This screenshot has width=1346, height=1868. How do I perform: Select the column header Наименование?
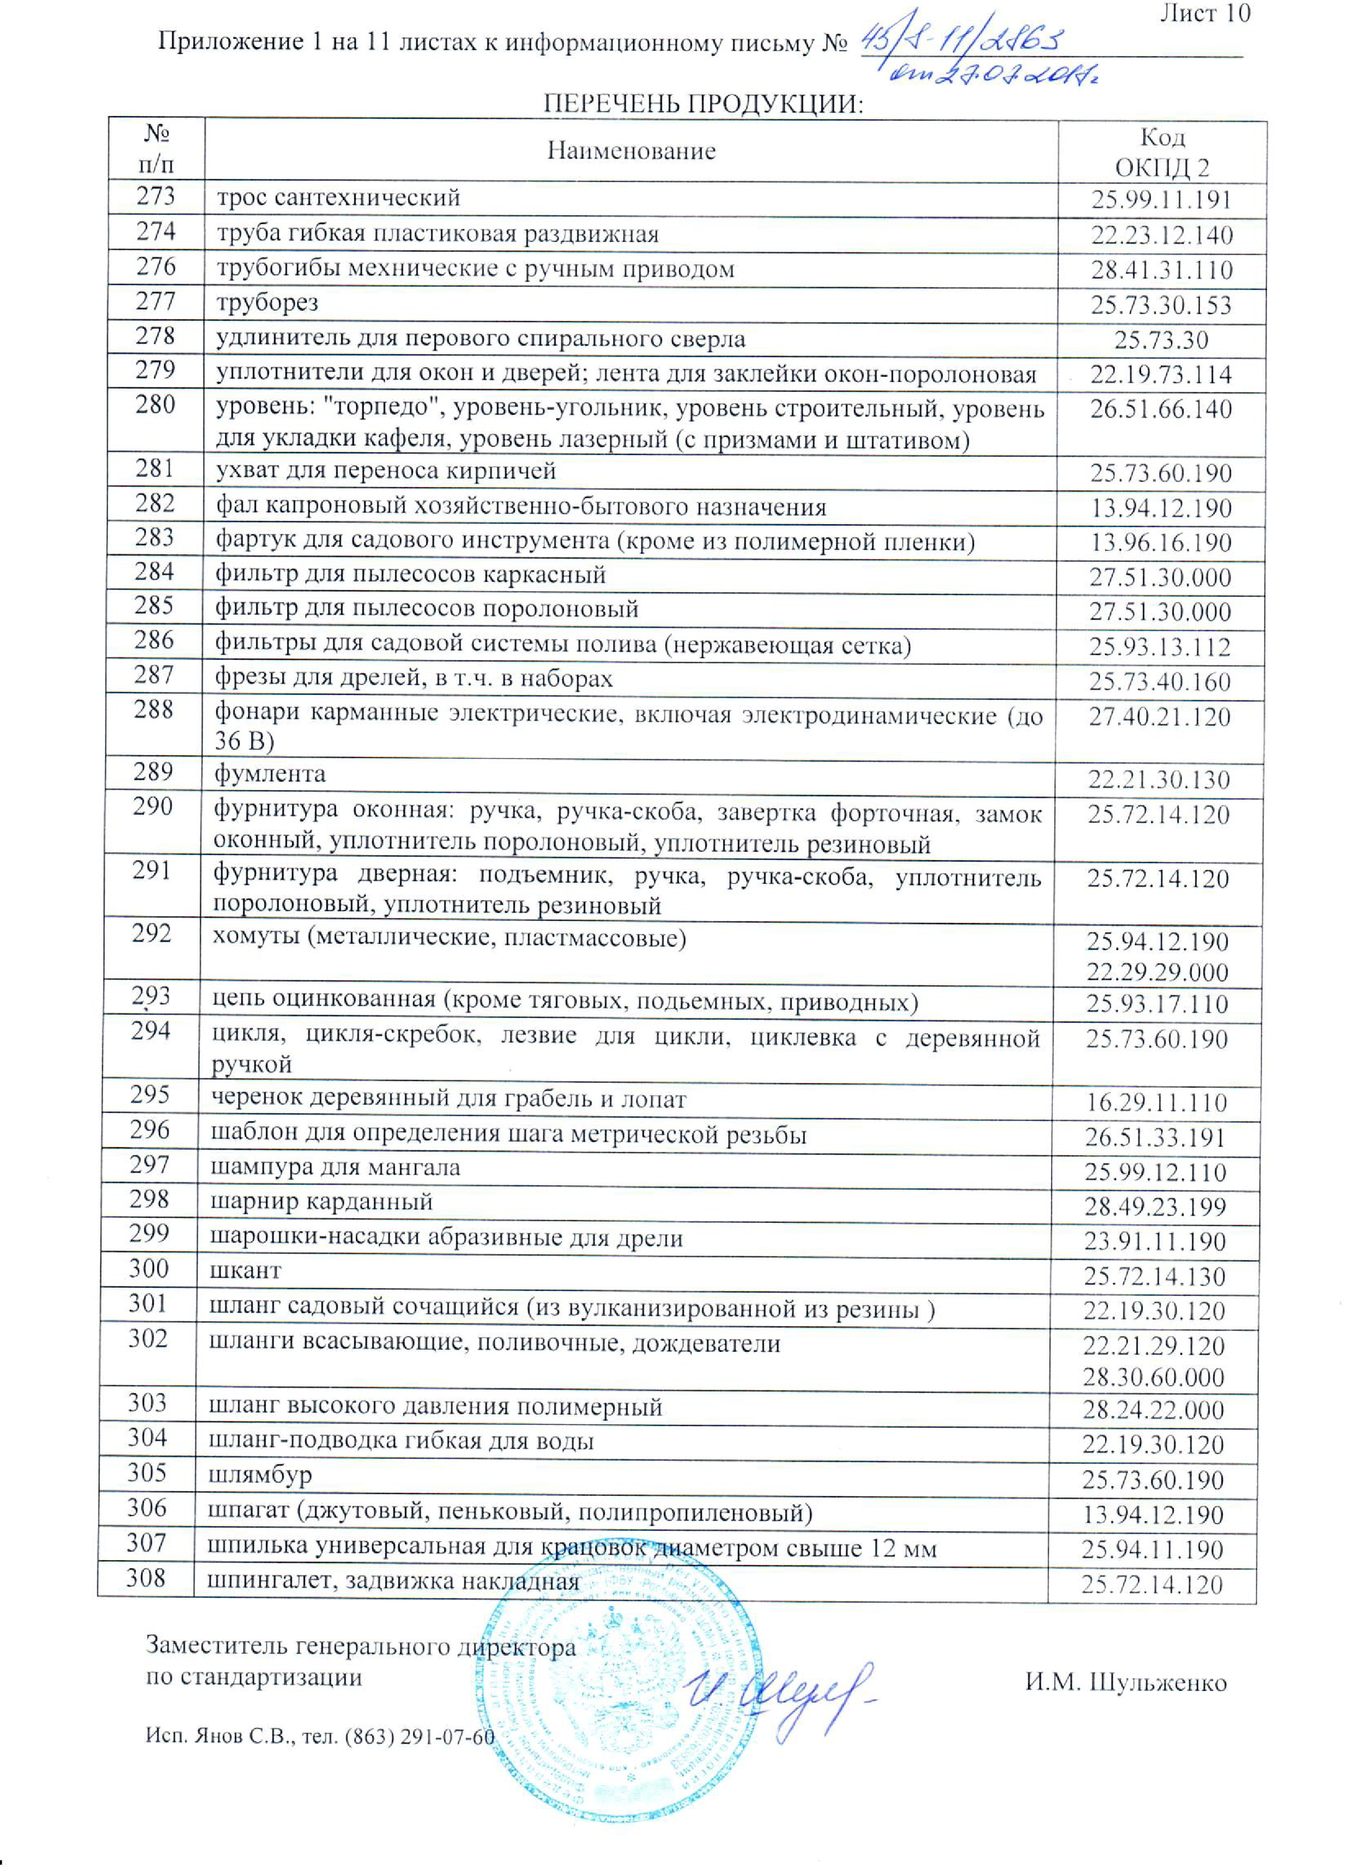pos(631,151)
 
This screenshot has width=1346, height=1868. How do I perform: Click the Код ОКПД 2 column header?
pos(1162,153)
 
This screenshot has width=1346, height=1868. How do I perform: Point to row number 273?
pos(156,196)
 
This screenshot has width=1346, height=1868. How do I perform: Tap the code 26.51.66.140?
pos(1161,409)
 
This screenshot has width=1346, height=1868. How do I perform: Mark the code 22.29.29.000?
pos(1157,972)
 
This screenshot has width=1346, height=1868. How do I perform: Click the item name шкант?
pos(245,1270)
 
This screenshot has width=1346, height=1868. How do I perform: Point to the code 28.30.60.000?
pos(1153,1376)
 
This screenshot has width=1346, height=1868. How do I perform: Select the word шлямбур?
pos(260,1472)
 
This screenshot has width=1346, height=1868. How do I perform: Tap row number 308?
pos(146,1578)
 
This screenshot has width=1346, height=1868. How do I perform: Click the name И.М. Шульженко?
pos(1126,1682)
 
